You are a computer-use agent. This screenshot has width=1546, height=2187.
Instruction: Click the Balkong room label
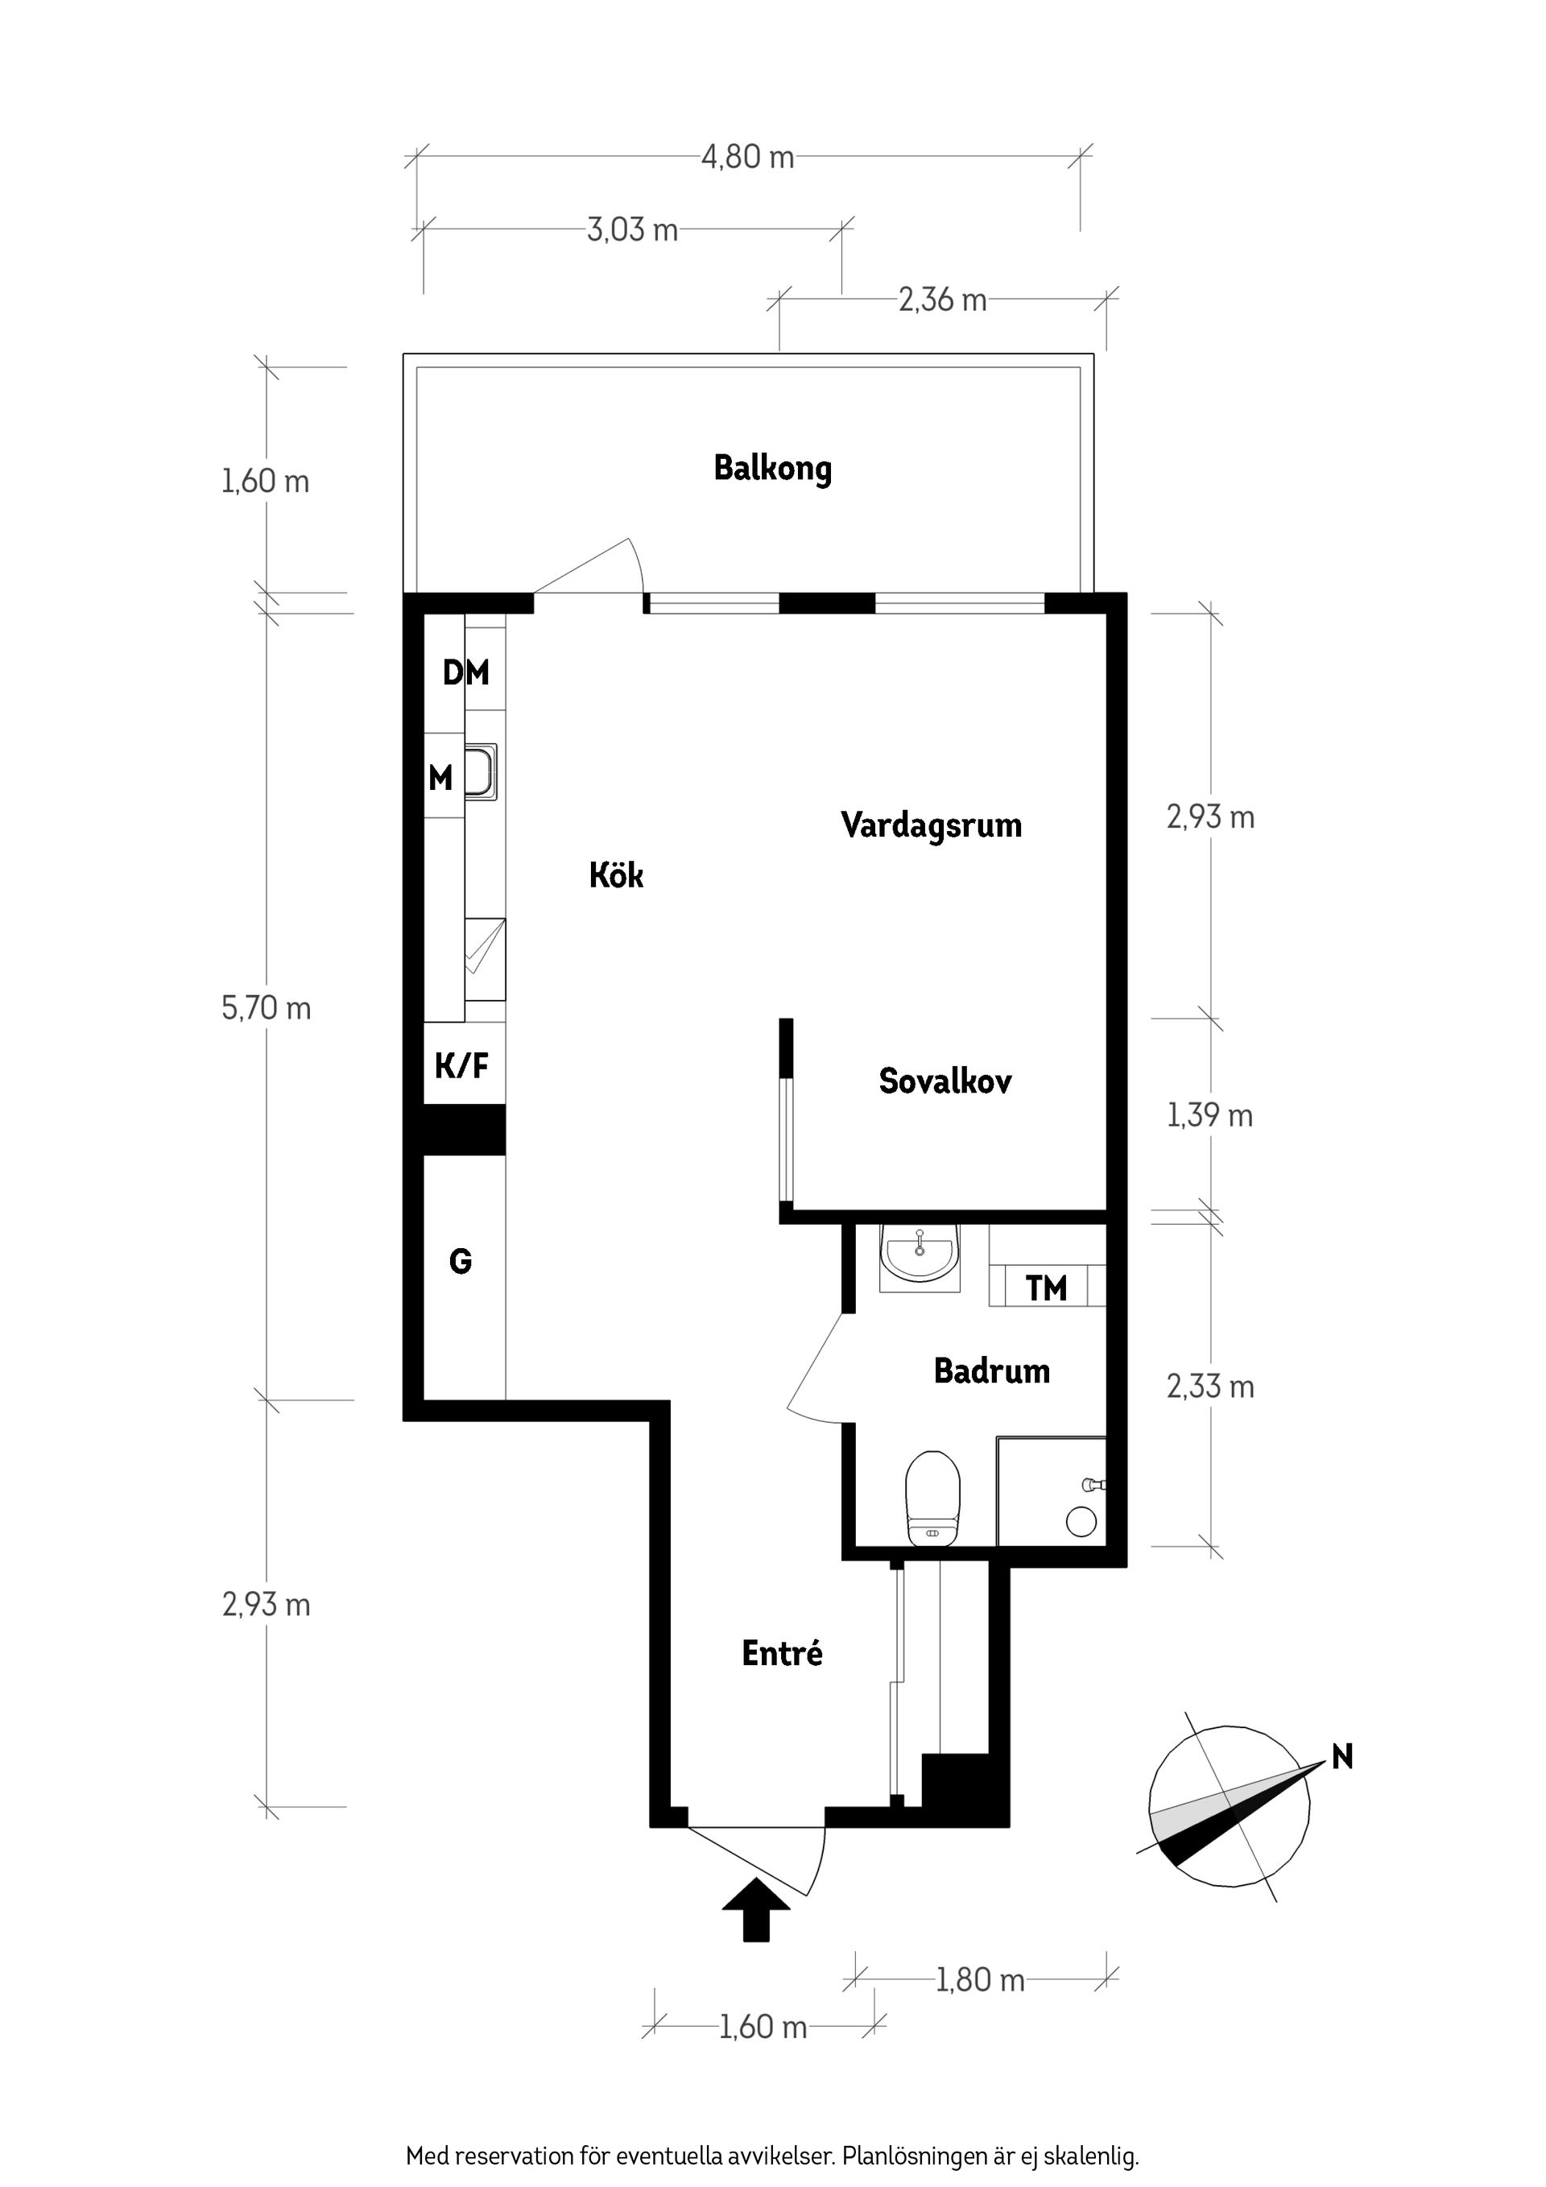point(772,469)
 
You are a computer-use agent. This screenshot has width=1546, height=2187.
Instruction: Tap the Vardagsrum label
point(931,825)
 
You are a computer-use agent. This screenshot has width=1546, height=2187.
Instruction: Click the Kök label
point(615,875)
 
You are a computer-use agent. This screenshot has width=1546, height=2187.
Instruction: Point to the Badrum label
point(990,1370)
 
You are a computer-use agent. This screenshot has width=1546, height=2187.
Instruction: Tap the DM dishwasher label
point(465,673)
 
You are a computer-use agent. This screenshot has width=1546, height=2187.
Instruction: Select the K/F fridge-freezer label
point(462,1066)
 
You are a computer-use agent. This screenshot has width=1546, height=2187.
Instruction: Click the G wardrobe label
point(460,1262)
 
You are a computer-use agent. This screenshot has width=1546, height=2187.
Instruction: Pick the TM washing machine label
point(1046,1288)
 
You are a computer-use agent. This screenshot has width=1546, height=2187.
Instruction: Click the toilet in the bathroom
point(932,1499)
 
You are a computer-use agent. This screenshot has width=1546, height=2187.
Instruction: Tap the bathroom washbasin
point(920,1255)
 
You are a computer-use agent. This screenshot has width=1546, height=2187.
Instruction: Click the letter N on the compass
point(1341,1756)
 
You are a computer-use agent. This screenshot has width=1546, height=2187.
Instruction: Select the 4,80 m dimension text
point(748,157)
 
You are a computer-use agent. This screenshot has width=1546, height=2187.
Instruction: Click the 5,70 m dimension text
point(266,1008)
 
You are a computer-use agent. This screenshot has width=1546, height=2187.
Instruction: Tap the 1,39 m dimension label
point(1209,1115)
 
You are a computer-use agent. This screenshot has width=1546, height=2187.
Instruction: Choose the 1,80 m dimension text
point(979,1981)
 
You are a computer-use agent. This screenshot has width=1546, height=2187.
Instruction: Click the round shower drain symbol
point(1081,1521)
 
